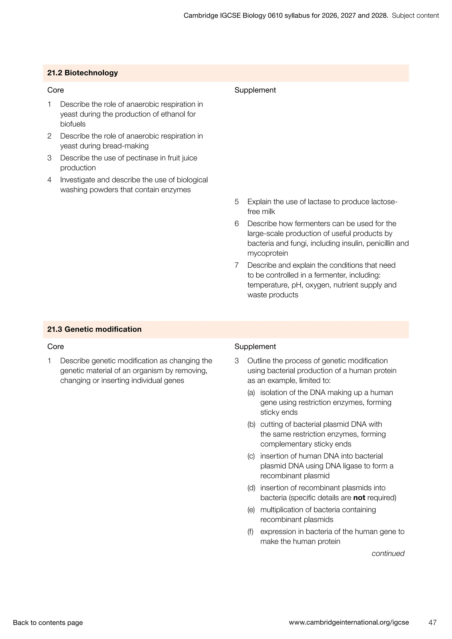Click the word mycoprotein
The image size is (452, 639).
267,253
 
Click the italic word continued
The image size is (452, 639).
388,553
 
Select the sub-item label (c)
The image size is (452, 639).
251,456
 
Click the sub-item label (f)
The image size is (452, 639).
250,531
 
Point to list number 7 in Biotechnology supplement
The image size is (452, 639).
237,265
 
